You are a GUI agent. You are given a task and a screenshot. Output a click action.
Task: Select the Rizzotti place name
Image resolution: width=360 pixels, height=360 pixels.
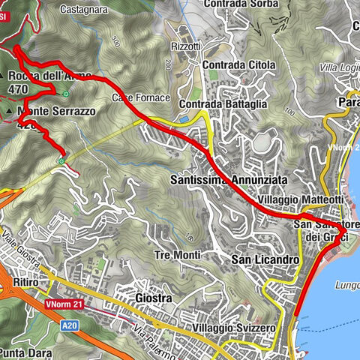click(186, 46)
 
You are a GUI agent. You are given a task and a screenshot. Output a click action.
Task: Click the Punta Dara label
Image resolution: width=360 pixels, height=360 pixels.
click(22, 352)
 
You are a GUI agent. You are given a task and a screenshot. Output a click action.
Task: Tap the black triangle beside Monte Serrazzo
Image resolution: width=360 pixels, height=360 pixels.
click(8, 112)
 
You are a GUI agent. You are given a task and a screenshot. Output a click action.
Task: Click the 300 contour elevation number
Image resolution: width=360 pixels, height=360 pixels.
click(114, 43)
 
